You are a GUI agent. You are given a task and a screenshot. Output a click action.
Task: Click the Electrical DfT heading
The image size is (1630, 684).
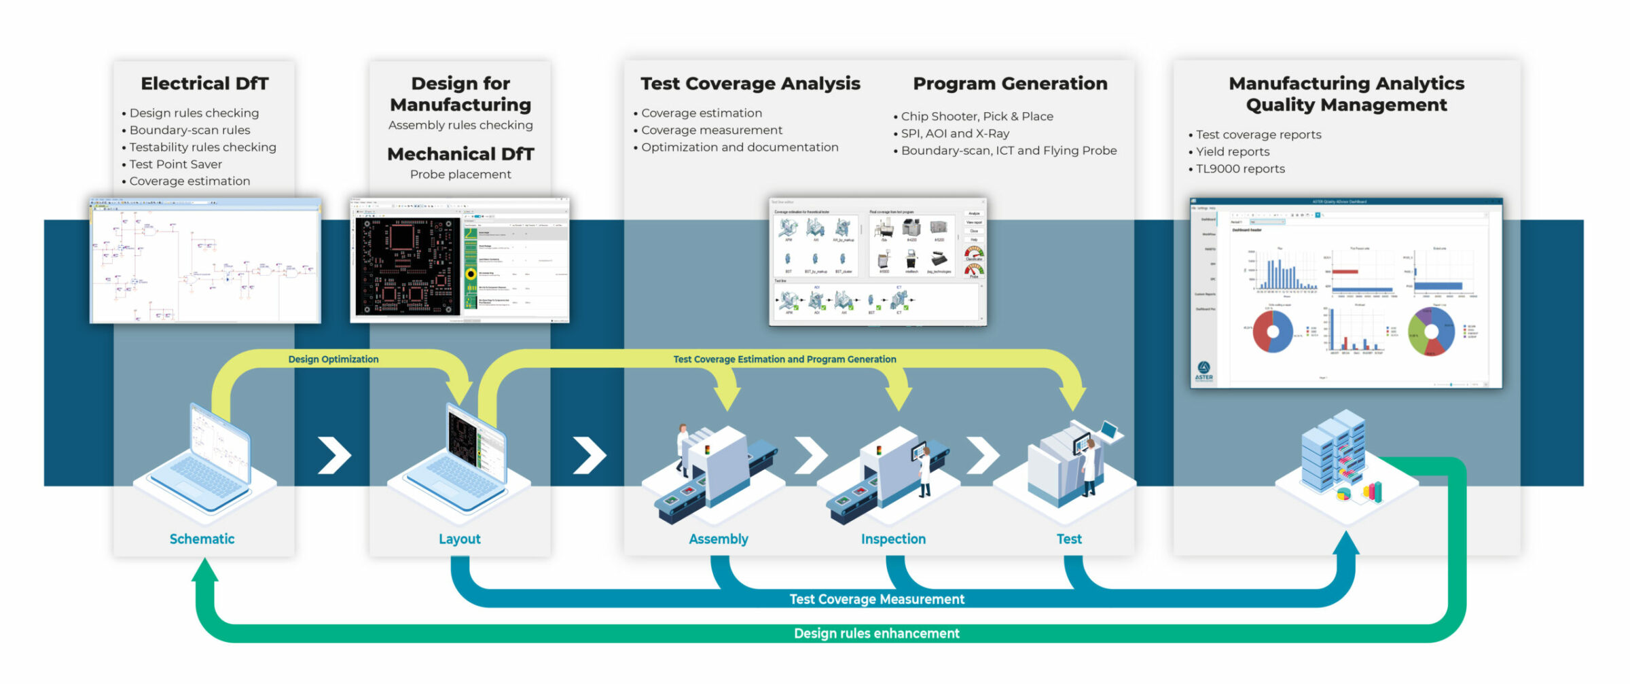coord(204,84)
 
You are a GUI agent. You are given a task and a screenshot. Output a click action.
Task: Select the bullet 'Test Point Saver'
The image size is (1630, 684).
coord(175,164)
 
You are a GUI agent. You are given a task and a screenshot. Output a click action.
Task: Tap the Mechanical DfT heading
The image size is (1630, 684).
coord(460,154)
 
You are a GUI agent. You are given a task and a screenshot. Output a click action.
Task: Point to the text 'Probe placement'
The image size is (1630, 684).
coord(460,175)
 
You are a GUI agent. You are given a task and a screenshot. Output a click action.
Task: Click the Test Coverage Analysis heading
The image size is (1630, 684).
coord(750,84)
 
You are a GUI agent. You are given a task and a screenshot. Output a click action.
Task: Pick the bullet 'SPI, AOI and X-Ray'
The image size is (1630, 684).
coord(955,134)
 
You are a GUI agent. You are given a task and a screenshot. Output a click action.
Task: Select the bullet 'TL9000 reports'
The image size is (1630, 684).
coord(1240,169)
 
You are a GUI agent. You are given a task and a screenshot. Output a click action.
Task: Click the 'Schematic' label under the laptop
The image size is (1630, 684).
coord(202,539)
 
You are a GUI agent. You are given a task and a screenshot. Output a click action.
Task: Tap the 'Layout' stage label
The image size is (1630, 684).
coord(459,539)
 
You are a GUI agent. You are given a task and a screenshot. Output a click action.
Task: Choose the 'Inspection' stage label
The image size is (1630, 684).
coord(893,539)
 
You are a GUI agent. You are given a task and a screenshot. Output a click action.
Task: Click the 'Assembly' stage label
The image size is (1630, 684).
coord(718,539)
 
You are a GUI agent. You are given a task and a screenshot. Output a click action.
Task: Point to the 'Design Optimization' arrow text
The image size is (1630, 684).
coord(333,359)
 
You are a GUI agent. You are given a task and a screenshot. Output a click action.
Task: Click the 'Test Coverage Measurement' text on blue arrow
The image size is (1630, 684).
coord(876,600)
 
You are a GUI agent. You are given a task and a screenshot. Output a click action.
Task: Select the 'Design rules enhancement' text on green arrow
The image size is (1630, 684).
coord(876,634)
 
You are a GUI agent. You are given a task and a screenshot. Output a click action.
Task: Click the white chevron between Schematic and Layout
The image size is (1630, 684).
coord(334,455)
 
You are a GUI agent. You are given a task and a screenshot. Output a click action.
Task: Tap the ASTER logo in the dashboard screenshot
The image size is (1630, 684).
coord(1203,370)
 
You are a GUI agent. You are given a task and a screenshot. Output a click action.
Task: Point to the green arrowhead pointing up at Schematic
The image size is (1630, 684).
coord(204,571)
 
